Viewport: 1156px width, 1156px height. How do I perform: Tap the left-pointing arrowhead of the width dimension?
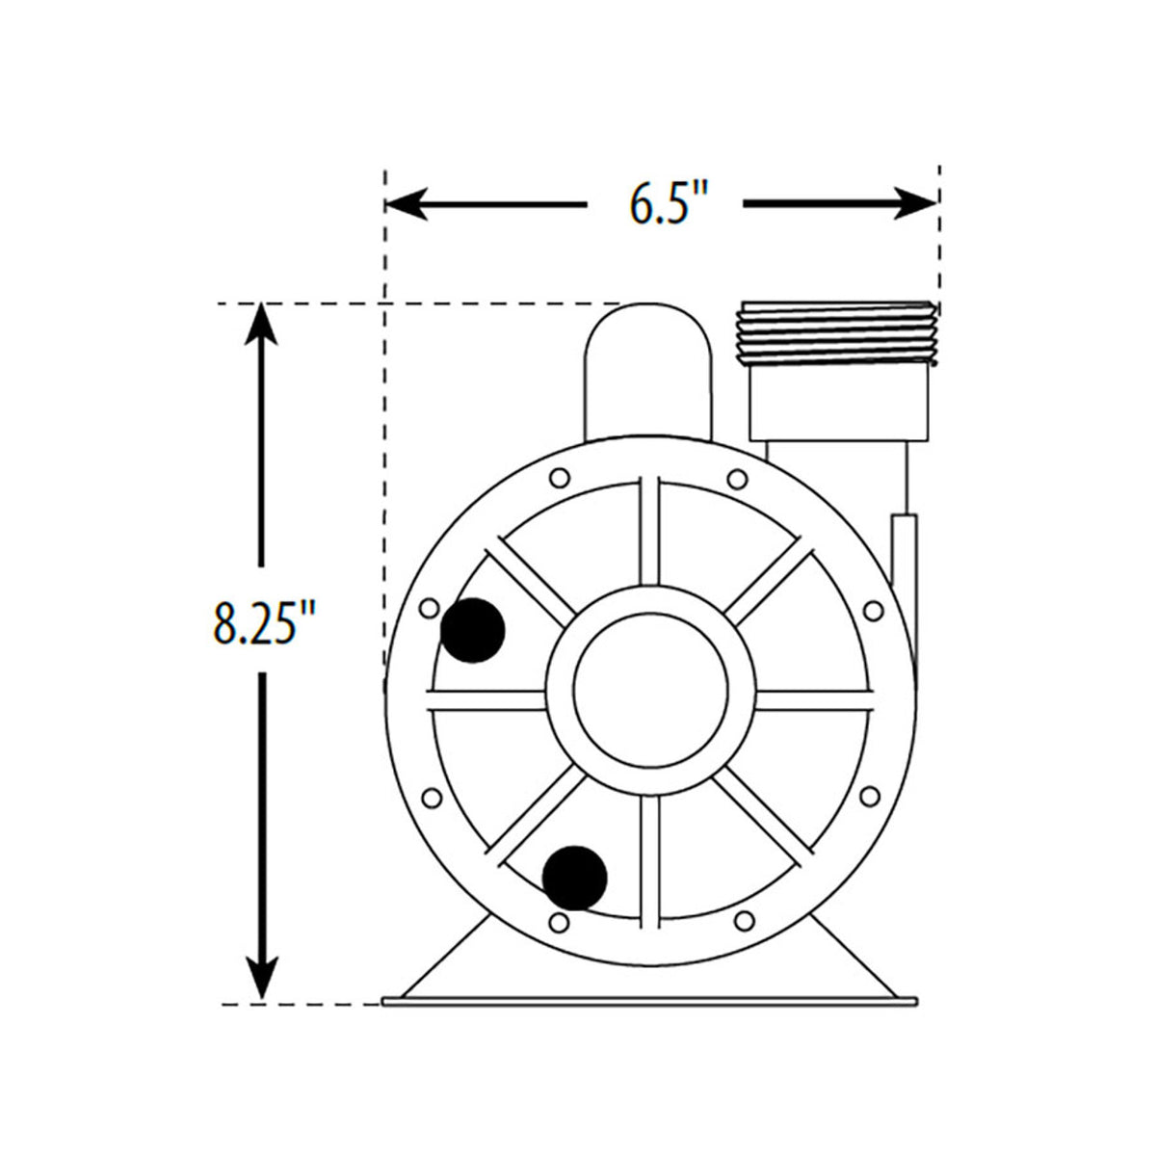pos(406,203)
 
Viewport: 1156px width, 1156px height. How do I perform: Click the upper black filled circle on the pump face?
pos(472,630)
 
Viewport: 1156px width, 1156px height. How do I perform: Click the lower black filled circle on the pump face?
pos(575,878)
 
